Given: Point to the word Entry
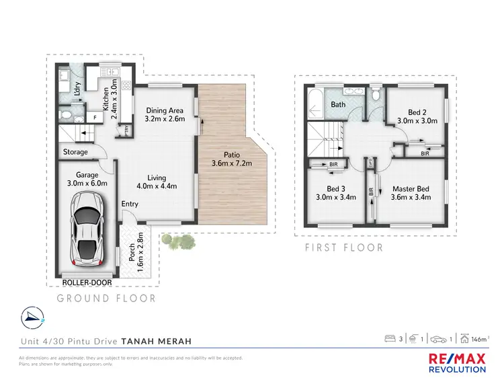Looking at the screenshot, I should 130,204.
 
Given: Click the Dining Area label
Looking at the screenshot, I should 165,115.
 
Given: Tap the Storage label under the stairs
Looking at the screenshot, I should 75,152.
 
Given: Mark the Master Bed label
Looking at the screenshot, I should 410,193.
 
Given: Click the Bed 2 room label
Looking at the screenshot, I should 417,116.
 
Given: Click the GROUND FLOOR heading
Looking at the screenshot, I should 106,298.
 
